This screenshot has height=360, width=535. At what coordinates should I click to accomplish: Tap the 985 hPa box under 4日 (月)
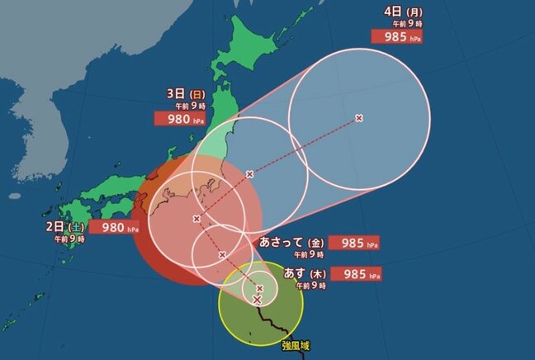(400, 36)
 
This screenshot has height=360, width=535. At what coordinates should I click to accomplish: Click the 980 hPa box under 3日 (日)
(180, 118)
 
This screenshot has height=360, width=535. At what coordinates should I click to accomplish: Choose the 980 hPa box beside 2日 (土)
(114, 226)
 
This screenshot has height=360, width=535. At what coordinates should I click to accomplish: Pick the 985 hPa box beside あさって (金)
(355, 243)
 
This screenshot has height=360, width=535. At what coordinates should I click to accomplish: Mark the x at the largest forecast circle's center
(359, 118)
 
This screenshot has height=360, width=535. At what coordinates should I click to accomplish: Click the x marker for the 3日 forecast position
(250, 174)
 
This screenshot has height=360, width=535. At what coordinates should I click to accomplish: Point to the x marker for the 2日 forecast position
(196, 219)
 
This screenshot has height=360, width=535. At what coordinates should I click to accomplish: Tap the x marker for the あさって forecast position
(223, 254)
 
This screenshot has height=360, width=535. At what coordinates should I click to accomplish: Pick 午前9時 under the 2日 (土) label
(59, 239)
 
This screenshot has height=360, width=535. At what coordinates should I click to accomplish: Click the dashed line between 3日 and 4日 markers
(305, 145)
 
